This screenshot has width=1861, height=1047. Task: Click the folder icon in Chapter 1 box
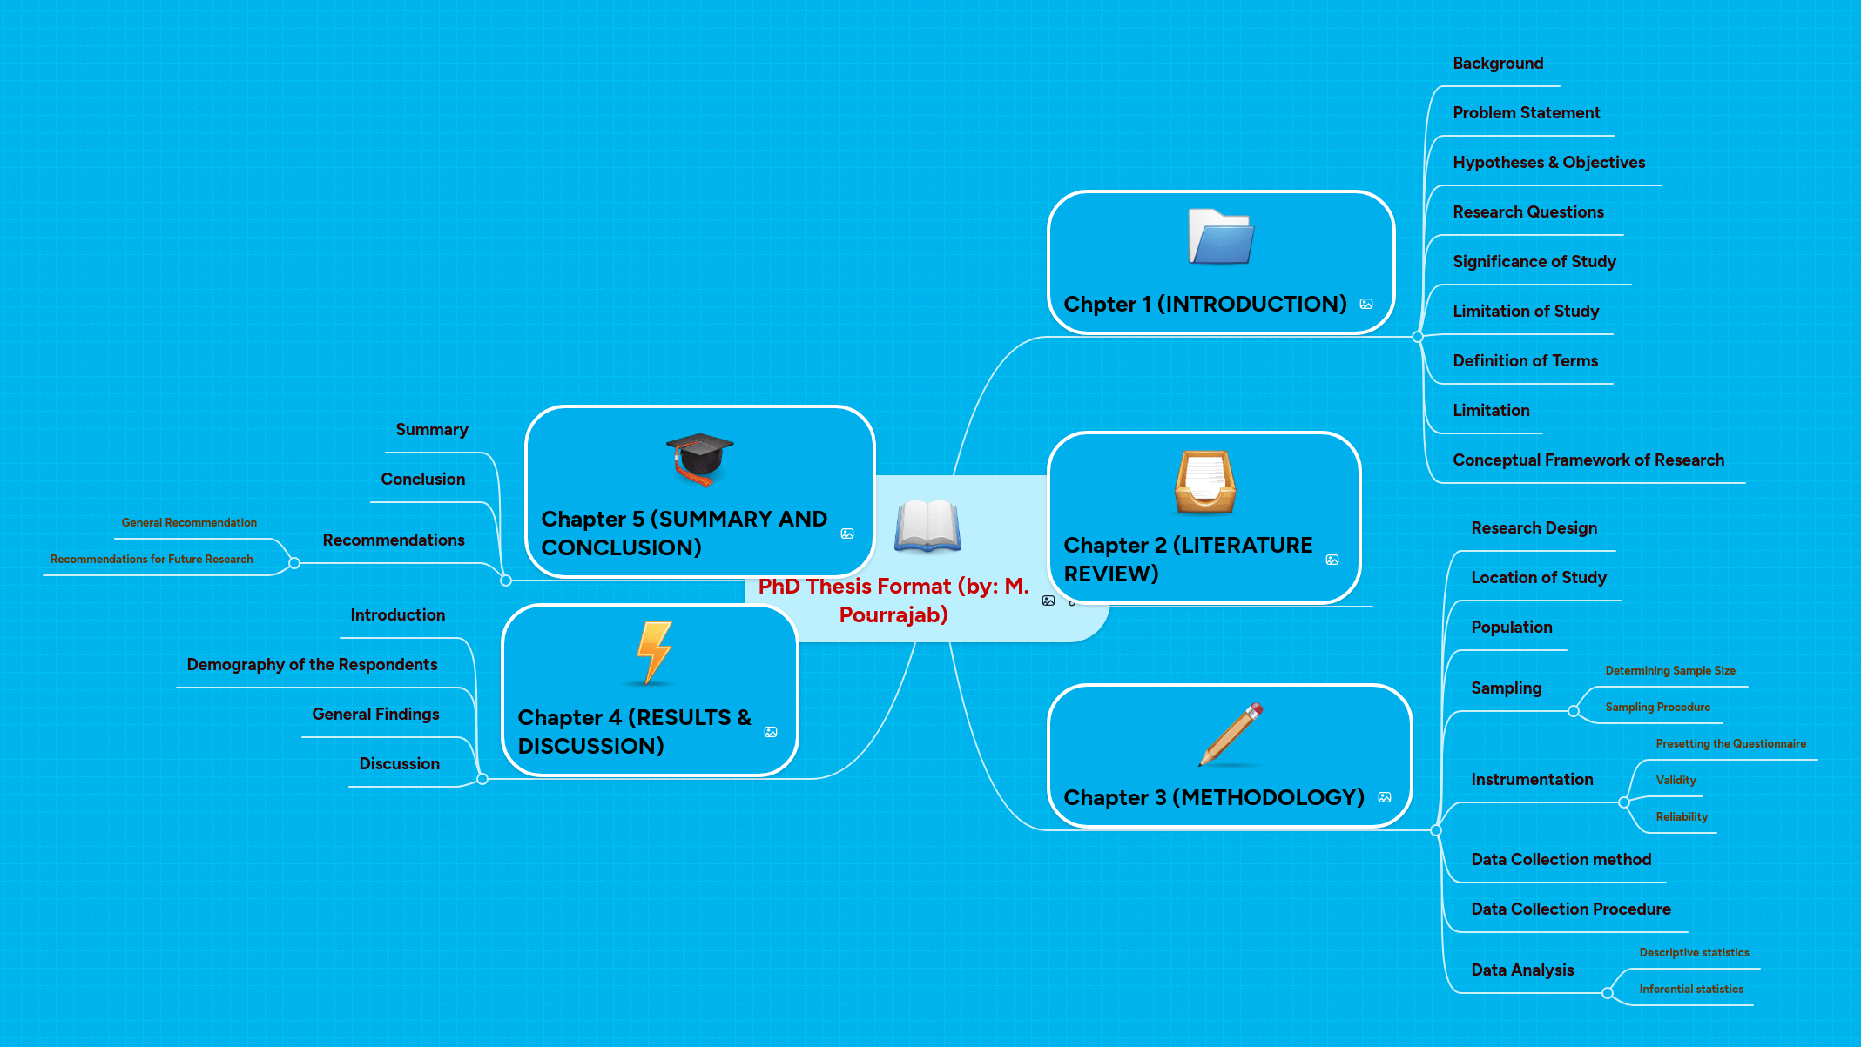pyautogui.click(x=1220, y=238)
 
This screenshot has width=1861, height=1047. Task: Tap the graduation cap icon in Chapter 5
pyautogui.click(x=699, y=459)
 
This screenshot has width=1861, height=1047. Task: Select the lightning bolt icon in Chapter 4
pyautogui.click(x=654, y=653)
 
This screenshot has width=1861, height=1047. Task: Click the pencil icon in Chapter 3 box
pyautogui.click(x=1231, y=735)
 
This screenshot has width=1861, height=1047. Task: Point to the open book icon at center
pyautogui.click(x=927, y=526)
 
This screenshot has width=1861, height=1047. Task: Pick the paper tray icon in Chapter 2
pyautogui.click(x=1204, y=482)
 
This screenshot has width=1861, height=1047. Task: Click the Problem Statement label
pyautogui.click(x=1526, y=113)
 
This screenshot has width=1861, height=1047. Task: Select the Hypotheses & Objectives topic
pyautogui.click(x=1548, y=163)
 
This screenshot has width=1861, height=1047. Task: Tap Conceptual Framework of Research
pyautogui.click(x=1588, y=460)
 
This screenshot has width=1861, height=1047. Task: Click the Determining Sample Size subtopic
pyautogui.click(x=1669, y=671)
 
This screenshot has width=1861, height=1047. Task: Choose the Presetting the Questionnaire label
pyautogui.click(x=1730, y=744)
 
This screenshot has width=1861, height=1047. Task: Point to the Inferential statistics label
pyautogui.click(x=1690, y=990)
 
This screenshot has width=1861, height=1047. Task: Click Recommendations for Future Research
pyautogui.click(x=152, y=560)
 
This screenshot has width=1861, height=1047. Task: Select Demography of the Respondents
pyautogui.click(x=312, y=665)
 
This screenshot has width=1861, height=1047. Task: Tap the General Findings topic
pyautogui.click(x=375, y=715)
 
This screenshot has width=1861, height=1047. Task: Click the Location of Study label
pyautogui.click(x=1538, y=578)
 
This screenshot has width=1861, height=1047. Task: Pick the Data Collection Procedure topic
pyautogui.click(x=1570, y=909)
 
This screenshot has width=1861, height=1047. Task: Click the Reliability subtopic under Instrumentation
pyautogui.click(x=1681, y=817)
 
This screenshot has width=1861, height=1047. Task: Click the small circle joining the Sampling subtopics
pyautogui.click(x=1573, y=711)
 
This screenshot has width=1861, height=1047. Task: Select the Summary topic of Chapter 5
pyautogui.click(x=431, y=430)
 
